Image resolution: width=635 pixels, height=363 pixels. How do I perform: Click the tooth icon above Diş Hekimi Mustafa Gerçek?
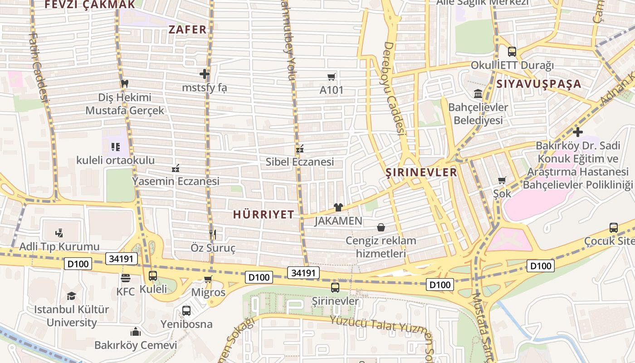point(125,83)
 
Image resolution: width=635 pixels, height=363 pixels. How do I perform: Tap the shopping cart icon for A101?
point(332,77)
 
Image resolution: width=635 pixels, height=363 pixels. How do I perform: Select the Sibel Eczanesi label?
point(299,162)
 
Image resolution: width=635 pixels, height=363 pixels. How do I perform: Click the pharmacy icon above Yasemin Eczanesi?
point(176,168)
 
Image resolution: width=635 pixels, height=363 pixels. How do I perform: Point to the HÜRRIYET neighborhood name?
point(264,215)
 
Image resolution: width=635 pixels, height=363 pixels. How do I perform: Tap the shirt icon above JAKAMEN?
point(338,207)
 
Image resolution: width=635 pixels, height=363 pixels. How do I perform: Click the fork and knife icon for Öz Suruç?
point(212,234)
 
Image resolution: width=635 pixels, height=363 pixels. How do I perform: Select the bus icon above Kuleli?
point(153,275)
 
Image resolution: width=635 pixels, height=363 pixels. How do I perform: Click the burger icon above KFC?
point(126,278)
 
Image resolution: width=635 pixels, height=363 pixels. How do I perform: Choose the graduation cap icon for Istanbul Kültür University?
point(71,296)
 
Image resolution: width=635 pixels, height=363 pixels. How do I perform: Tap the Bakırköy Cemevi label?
point(136,345)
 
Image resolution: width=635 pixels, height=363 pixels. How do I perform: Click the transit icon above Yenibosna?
point(186,311)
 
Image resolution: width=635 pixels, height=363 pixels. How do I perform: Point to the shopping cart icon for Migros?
point(208,279)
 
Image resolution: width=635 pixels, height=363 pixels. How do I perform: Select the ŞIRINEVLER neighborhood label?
point(421,172)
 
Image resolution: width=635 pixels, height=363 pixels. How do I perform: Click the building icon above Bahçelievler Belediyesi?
point(478,94)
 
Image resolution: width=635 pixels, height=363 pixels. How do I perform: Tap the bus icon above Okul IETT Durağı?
point(512,51)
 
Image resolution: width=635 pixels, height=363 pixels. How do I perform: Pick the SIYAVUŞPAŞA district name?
point(538,84)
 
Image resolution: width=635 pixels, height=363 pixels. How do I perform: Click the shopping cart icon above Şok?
point(502,180)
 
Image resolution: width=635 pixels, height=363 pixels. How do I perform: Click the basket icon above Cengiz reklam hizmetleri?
point(381,227)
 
